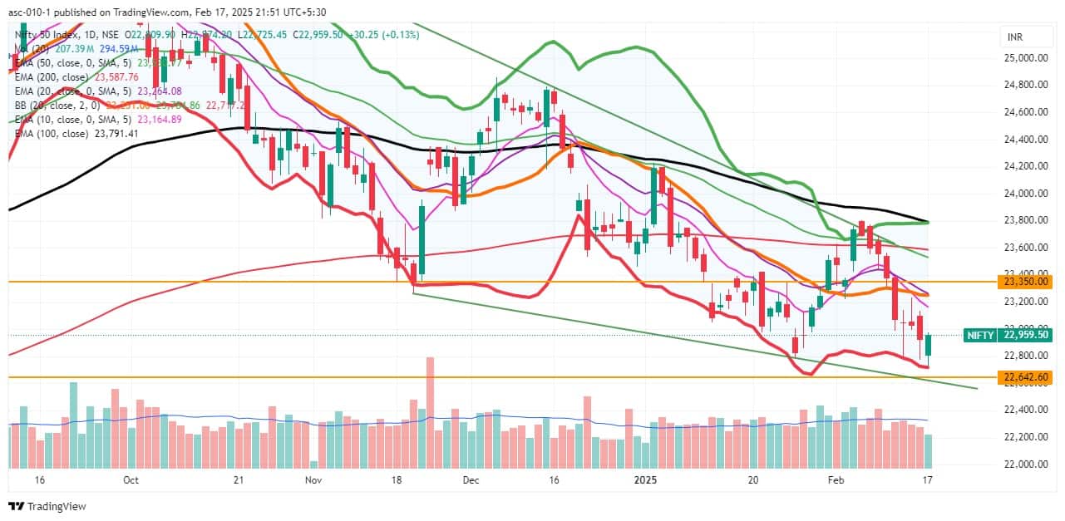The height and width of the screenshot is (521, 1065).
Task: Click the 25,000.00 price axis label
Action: click(1024, 57)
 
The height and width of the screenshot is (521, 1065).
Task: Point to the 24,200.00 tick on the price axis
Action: click(1024, 166)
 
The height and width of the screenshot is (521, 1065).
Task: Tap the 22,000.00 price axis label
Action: click(1024, 464)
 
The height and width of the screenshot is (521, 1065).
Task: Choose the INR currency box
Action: click(1015, 37)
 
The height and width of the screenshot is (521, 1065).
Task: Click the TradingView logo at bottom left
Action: click(47, 506)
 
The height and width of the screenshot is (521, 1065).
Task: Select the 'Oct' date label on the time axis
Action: click(131, 479)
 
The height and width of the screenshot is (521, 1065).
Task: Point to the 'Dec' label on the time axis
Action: click(471, 479)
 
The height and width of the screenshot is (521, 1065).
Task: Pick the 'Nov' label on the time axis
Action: click(313, 479)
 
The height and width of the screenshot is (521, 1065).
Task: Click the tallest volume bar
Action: click(431, 413)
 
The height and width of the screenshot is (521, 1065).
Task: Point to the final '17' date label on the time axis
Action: click(927, 479)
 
